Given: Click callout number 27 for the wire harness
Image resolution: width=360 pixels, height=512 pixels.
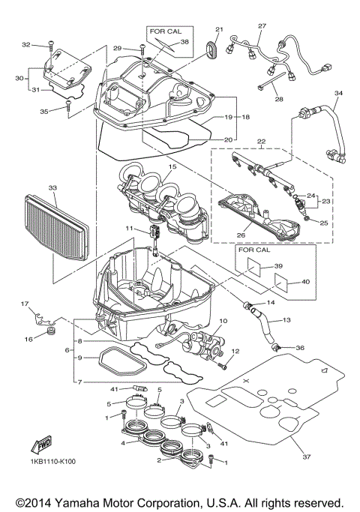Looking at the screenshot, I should pyautogui.click(x=261, y=26).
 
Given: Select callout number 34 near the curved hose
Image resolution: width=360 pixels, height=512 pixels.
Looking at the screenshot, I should pyautogui.click(x=337, y=94).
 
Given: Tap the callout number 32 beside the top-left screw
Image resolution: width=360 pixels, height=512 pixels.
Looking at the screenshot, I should pyautogui.click(x=25, y=45).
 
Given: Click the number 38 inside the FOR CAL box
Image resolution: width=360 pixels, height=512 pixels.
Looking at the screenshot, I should pyautogui.click(x=184, y=43).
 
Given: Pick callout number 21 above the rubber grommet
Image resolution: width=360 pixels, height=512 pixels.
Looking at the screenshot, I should pyautogui.click(x=220, y=30).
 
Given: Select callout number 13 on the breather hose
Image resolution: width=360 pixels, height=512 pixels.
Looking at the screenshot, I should pyautogui.click(x=286, y=320).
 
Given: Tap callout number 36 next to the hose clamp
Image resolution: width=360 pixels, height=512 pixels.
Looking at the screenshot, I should pyautogui.click(x=300, y=348).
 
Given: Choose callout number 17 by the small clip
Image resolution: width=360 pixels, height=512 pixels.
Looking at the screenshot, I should pyautogui.click(x=24, y=304).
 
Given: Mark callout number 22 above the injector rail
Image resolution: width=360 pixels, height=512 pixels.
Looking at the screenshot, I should pyautogui.click(x=261, y=142).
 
